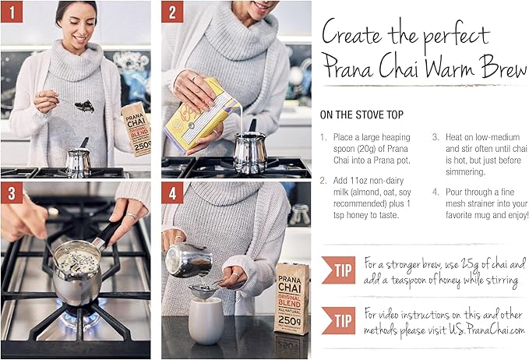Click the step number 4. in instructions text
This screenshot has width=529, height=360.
[436, 192]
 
